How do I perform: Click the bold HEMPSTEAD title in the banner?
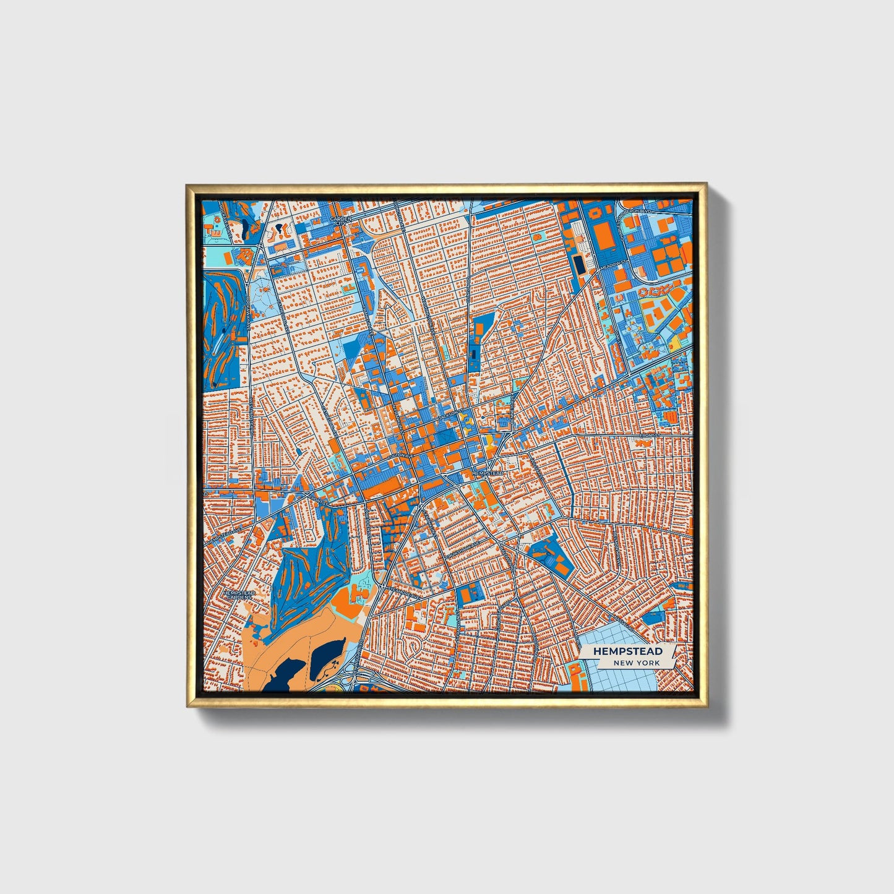tap(627, 651)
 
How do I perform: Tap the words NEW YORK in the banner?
tap(636, 663)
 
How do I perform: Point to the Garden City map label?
tap(340, 221)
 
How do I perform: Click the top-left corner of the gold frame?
tap(187, 184)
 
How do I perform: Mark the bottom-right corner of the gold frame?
tap(706, 707)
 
